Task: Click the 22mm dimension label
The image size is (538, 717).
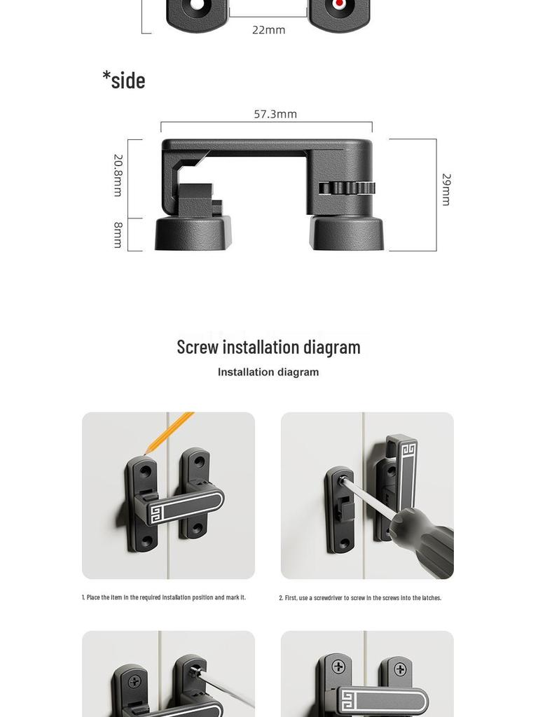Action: coord(268,30)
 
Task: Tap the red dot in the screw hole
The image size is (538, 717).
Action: coord(340,4)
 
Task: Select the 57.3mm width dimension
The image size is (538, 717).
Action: coord(275,114)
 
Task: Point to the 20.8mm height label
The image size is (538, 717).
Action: coord(118,175)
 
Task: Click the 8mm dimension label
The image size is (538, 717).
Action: coord(118,235)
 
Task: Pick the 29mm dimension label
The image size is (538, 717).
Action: coord(446,189)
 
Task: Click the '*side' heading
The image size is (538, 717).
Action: coord(124,80)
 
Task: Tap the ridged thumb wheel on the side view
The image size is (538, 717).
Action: coord(347,188)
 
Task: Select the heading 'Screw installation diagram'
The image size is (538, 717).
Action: coord(268,347)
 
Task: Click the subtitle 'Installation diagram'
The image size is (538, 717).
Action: coord(268,373)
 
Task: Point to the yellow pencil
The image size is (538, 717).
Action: coord(169,431)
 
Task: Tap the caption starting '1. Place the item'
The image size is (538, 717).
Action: coord(164,597)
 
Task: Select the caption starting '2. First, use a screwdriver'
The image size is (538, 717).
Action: coord(360,598)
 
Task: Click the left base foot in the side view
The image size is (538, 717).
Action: coord(193,233)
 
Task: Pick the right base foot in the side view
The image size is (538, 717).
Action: coord(347,233)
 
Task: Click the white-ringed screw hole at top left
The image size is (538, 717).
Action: coord(196,6)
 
